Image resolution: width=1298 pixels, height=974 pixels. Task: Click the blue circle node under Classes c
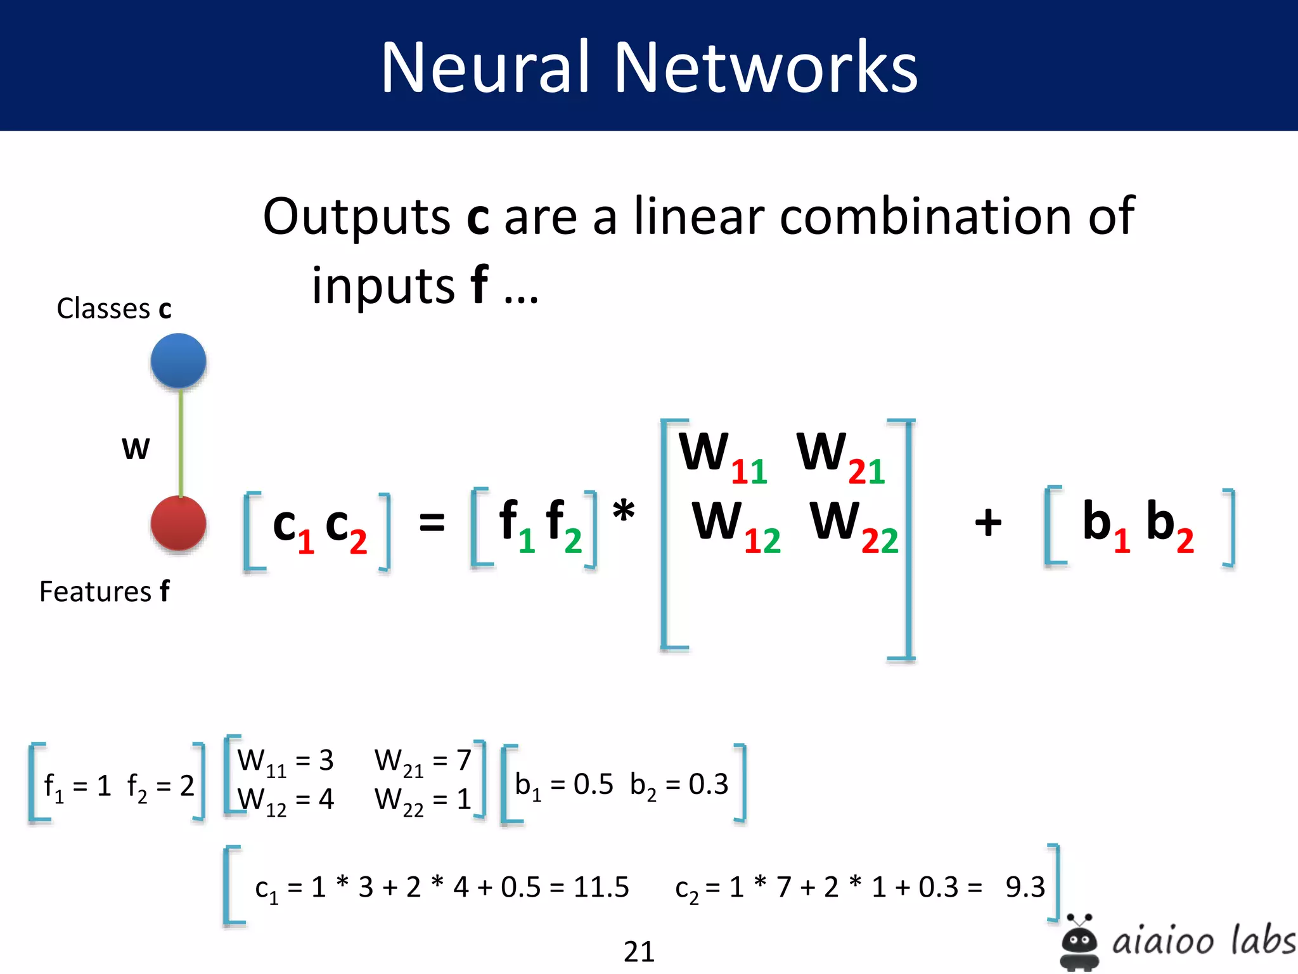[x=178, y=361]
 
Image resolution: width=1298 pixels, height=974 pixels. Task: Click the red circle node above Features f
[x=178, y=523]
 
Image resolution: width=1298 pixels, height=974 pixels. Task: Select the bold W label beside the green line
[x=136, y=448]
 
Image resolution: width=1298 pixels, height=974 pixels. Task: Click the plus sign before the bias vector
[x=987, y=523]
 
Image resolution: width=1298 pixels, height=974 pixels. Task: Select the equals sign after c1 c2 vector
[x=432, y=523]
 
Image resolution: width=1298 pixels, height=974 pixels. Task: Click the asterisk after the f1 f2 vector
[x=624, y=511]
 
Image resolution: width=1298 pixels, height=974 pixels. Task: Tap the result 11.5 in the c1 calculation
[x=601, y=887]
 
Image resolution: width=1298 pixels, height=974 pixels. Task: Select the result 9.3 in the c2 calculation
[x=1025, y=887]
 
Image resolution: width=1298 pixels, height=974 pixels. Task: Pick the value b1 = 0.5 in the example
[x=563, y=786]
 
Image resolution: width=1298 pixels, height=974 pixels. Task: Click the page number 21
[x=639, y=951]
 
